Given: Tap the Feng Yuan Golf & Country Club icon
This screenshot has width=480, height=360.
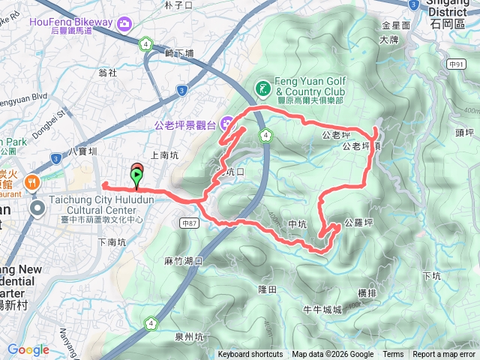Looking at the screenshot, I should point(262,88).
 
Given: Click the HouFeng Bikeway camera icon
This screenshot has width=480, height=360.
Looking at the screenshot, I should point(124,22).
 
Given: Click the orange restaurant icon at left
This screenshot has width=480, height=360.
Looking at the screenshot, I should point(32,181).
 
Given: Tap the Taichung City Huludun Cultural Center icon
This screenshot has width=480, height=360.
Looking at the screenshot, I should point(37,206).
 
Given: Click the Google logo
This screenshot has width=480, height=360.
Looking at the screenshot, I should point(28,349).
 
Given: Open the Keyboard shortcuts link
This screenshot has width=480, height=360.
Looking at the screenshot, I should point(250,355).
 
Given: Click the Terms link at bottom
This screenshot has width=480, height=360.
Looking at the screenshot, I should point(393,355).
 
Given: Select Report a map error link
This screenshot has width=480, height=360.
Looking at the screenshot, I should point(444,355).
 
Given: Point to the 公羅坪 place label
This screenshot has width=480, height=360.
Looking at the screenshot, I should point(358,223).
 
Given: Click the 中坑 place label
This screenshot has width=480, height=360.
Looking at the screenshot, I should point(297,223).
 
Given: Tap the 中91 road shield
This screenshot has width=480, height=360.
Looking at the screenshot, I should point(456,65).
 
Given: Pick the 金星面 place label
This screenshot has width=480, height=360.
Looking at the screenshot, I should point(396,25).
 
